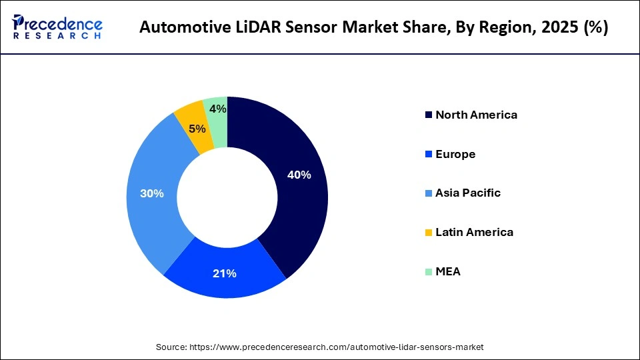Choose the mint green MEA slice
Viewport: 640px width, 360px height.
point(217,117)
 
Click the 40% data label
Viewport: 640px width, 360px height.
point(299,175)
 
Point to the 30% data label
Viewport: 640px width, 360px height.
point(151,193)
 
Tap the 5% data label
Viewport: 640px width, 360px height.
point(197,129)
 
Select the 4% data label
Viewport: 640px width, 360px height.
point(217,109)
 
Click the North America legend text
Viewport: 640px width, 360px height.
point(476,115)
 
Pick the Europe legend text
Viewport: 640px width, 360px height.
point(455,154)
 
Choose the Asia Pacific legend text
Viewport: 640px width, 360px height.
point(468,193)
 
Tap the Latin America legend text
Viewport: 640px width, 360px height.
point(474,232)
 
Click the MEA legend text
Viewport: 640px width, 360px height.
point(448,271)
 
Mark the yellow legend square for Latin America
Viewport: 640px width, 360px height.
point(427,233)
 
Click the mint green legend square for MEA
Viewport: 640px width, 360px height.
point(427,272)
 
